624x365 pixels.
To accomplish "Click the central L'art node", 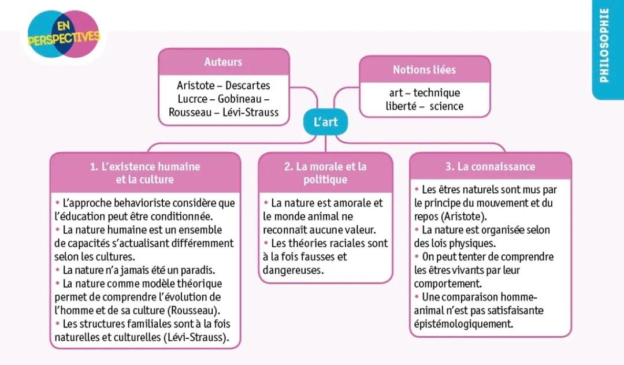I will click(x=325, y=122).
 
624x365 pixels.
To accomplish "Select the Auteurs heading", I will click(x=223, y=62).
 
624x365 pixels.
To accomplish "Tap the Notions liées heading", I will click(x=424, y=70).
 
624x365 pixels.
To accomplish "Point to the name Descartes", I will click(x=248, y=85).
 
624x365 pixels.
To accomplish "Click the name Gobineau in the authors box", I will click(x=237, y=99).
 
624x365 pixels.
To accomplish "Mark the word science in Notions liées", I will click(x=446, y=106).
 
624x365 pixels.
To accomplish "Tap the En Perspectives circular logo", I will click(x=63, y=36).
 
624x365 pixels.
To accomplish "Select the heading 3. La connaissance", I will click(x=490, y=167).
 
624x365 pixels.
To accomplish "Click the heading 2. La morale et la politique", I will click(x=325, y=173).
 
